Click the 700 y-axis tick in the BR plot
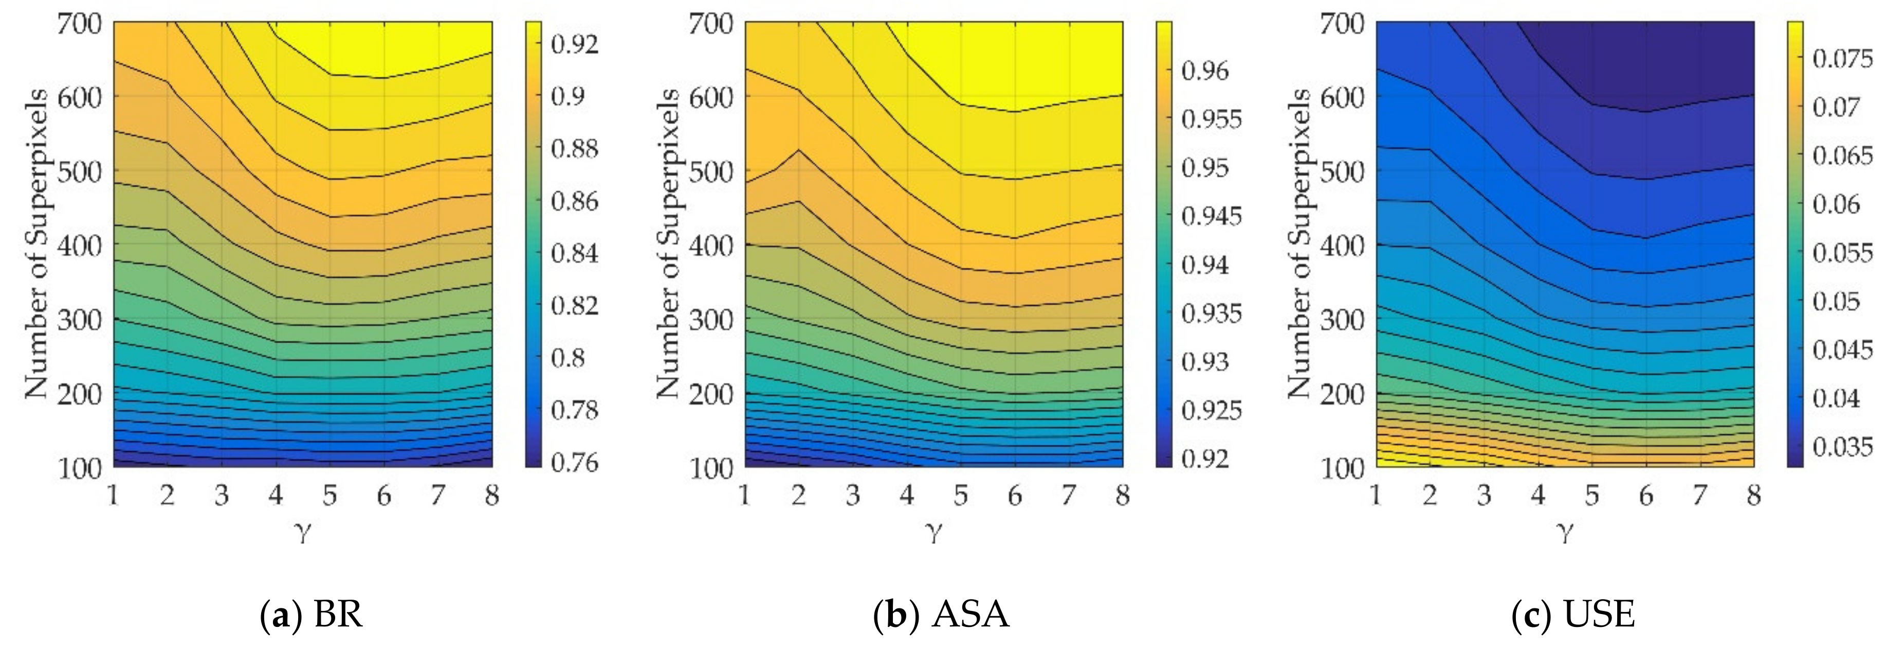point(79,24)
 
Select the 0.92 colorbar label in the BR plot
point(575,44)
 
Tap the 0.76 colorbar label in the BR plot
point(575,462)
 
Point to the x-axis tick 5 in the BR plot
point(329,496)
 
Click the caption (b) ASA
point(942,614)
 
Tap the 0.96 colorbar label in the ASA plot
point(1205,71)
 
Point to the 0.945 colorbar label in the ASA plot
point(1212,216)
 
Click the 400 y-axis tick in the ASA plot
point(711,246)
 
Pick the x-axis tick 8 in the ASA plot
point(1122,496)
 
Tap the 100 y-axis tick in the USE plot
point(1342,467)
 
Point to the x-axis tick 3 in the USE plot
point(1484,496)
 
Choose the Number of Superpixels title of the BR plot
point(36,244)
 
